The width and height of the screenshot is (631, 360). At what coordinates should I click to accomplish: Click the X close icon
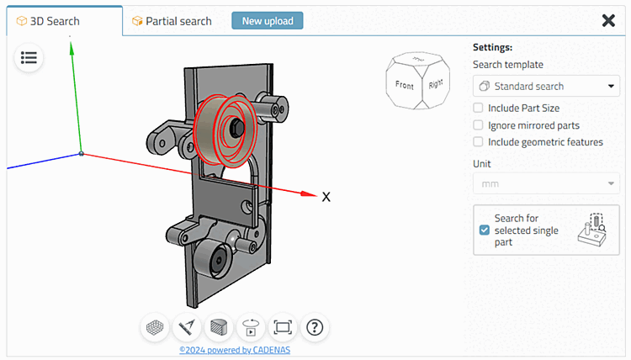coord(608,21)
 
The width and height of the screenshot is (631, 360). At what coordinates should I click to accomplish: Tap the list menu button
coord(29,58)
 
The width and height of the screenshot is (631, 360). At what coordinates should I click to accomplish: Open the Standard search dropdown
coord(546,86)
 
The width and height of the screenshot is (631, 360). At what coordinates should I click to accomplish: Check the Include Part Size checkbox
coord(478,108)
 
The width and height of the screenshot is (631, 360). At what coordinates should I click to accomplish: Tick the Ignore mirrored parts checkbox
coord(478,125)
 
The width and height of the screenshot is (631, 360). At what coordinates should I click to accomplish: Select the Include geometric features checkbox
coord(478,142)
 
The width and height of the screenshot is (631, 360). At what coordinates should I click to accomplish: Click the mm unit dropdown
coord(546,183)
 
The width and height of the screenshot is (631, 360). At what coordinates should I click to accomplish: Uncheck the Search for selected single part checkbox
coord(484,230)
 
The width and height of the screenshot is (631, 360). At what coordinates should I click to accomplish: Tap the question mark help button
coord(315,326)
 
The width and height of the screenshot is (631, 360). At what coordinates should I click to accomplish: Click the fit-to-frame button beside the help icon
coord(283,326)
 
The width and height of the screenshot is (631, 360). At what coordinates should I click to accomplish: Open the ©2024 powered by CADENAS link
coord(235,350)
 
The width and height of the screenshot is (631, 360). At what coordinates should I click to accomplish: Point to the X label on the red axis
coord(326,197)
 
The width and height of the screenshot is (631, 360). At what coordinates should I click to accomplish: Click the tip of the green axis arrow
coord(72,46)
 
